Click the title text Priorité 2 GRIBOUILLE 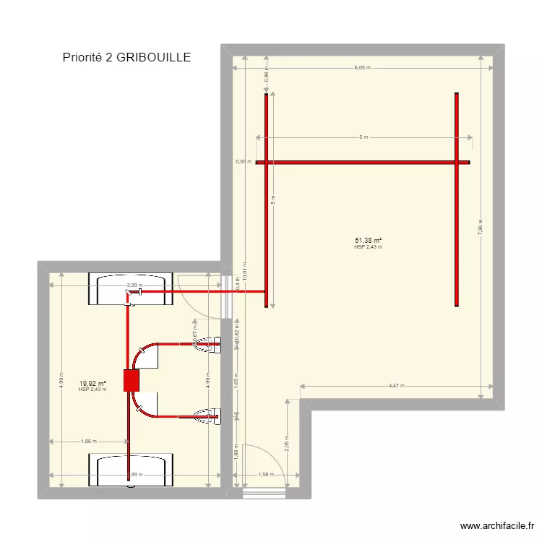[126, 57]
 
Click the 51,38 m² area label [368, 241]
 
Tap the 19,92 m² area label [93, 384]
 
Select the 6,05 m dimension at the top [362, 69]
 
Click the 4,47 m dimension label [397, 386]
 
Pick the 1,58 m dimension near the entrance [266, 475]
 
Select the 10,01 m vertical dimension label [245, 275]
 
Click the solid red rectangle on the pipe [131, 380]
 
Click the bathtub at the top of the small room [131, 289]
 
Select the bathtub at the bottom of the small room [131, 470]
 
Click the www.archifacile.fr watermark [498, 527]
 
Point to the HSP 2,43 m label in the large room [368, 247]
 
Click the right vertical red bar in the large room [457, 199]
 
